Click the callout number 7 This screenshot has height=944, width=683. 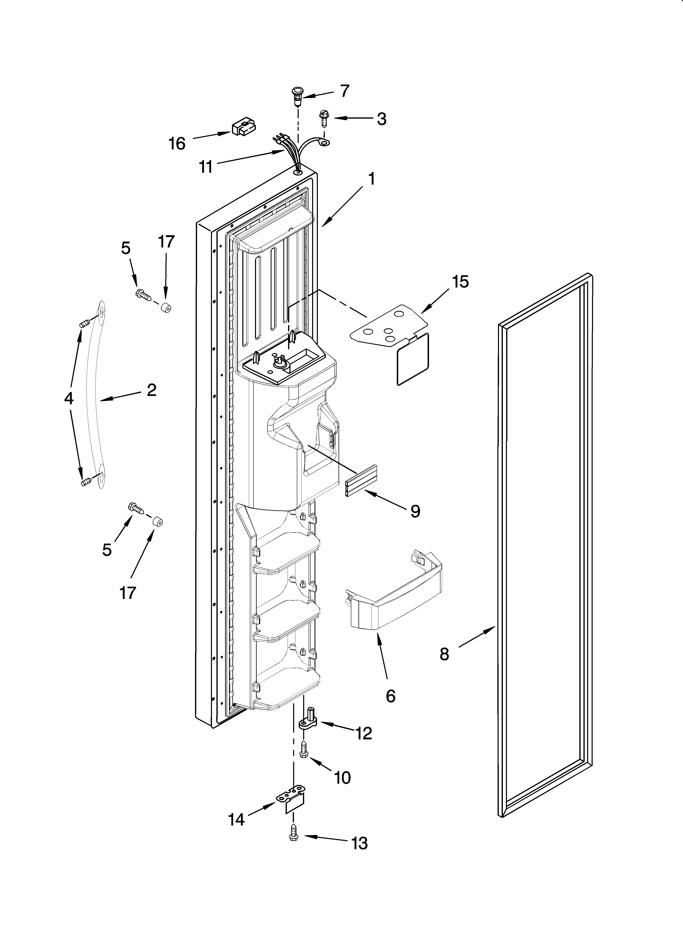coord(345,91)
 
